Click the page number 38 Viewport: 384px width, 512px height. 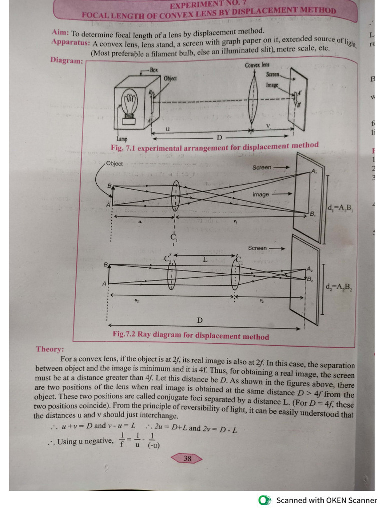tap(187, 458)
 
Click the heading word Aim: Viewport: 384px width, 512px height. tap(60, 32)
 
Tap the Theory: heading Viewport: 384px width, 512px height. tap(49, 349)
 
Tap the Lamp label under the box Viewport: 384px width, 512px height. tap(121, 139)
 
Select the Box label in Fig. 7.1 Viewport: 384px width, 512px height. tap(154, 70)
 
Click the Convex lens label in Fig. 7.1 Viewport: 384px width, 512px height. tap(257, 65)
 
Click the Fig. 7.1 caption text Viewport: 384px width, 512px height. tap(214, 147)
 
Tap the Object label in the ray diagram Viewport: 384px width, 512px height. tap(114, 164)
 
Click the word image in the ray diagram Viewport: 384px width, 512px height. tap(260, 194)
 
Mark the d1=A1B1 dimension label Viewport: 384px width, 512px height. tap(340, 208)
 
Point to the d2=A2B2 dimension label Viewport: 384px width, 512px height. tap(339, 287)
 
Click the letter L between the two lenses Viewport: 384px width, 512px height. tap(204, 259)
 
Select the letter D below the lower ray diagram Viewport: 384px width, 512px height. tap(200, 320)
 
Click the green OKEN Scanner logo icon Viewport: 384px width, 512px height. tap(265, 500)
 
